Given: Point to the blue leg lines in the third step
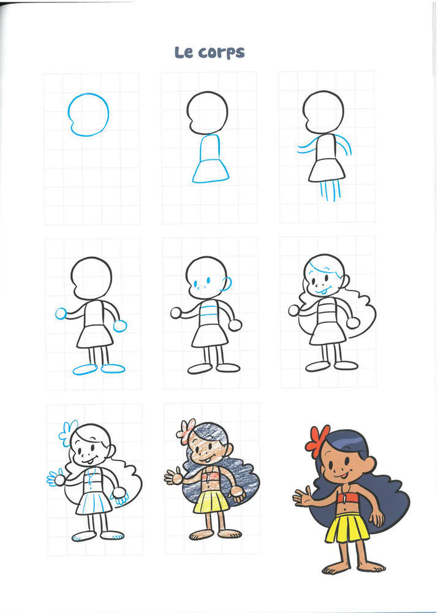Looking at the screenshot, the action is pos(330,191).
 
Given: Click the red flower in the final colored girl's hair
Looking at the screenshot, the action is pos(318,441).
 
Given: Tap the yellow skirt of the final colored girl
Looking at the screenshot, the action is pos(347,528).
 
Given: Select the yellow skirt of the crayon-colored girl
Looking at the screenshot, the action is pos(211,502).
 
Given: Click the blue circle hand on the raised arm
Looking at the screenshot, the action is pos(61,313).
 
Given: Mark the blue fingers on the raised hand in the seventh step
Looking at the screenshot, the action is pos(52,478).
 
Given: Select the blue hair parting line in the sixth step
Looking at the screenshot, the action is pos(321,269).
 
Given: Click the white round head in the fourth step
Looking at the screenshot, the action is pos(91,278).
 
